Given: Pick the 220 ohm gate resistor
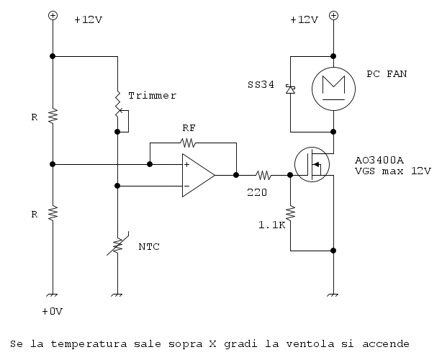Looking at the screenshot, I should pyautogui.click(x=263, y=174).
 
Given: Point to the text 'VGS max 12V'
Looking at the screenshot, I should pyautogui.click(x=392, y=171).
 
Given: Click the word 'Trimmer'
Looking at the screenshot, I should pyautogui.click(x=152, y=96).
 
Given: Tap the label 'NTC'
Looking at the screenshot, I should pyautogui.click(x=149, y=247).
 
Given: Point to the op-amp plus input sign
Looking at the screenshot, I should pyautogui.click(x=187, y=165).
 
